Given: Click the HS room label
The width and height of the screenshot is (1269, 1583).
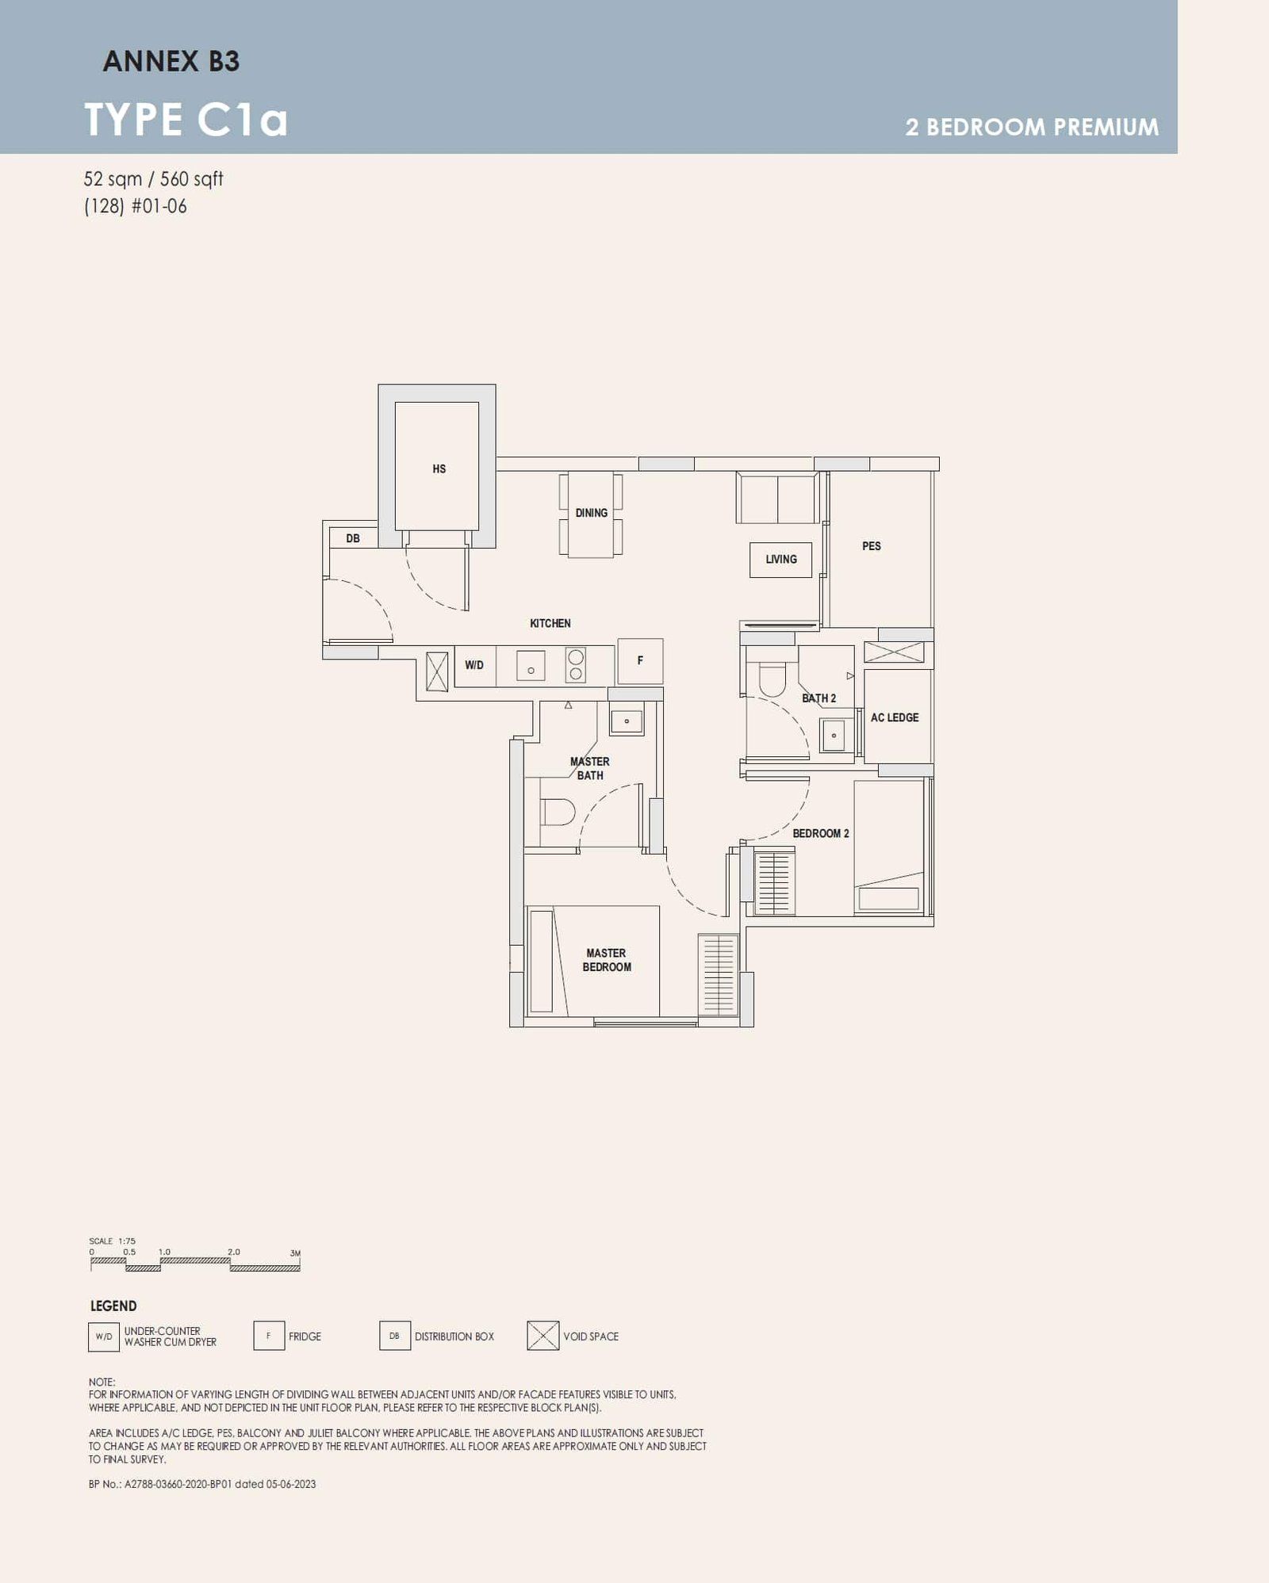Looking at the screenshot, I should (439, 468).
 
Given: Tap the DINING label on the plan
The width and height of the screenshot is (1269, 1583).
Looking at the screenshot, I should (591, 513).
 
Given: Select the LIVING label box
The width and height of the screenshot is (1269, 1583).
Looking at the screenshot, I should (780, 559).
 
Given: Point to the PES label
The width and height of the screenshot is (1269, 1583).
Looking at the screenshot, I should (871, 545).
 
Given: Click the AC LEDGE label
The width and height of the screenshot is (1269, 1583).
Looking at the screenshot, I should (894, 717).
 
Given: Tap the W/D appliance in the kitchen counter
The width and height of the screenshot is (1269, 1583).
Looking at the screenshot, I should (474, 665).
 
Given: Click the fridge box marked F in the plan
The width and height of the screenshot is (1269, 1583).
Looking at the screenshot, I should (640, 660).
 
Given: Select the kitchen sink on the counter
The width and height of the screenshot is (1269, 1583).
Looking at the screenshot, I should (531, 666).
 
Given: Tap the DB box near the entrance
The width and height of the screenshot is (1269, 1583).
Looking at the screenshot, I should (353, 538).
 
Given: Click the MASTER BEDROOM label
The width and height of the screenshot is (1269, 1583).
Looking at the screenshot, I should (606, 960).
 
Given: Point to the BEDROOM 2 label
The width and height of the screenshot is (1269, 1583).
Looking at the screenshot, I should (820, 833).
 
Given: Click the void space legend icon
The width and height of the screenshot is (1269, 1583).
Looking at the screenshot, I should (542, 1336).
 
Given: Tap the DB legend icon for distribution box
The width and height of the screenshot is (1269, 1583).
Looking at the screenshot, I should (394, 1336).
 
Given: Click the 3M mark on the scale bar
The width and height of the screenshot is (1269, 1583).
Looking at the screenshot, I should (295, 1253).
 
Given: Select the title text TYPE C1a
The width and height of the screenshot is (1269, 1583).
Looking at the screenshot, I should (186, 120).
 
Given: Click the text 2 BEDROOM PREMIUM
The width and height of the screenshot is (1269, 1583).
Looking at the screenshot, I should (1031, 127).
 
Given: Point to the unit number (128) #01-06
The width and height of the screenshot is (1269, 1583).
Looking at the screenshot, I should (136, 206).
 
